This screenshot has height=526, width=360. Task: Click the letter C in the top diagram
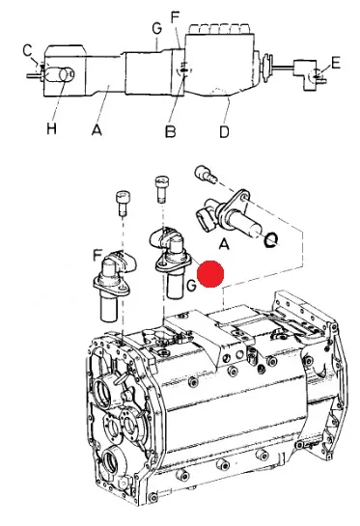[28, 50]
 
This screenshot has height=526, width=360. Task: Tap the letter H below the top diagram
[51, 128]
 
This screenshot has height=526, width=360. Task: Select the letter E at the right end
[336, 63]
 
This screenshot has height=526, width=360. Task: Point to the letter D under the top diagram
[225, 131]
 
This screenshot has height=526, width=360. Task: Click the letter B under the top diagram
[171, 131]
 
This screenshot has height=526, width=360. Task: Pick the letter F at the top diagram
[176, 17]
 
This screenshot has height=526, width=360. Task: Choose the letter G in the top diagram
[156, 28]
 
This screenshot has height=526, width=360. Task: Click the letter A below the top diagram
[97, 129]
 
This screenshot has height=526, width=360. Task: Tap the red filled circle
[210, 274]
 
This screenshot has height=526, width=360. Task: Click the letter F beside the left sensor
[97, 257]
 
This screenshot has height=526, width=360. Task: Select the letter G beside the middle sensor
[191, 286]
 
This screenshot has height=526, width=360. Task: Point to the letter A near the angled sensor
[224, 244]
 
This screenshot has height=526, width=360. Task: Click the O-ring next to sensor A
[271, 239]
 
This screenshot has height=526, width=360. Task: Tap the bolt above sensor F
[123, 203]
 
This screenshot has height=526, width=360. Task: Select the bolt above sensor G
[161, 189]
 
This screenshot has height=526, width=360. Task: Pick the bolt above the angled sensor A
[205, 175]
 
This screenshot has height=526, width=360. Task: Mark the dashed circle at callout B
[184, 69]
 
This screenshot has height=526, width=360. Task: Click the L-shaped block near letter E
[305, 74]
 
